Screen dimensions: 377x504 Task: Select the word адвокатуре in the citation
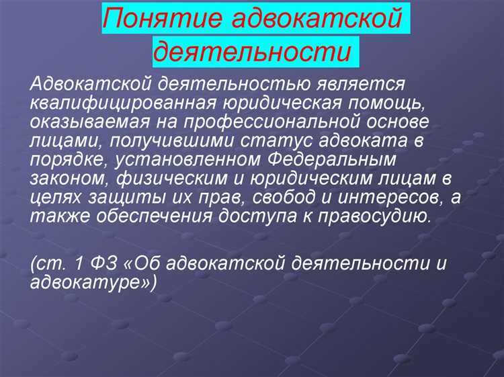92,282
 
